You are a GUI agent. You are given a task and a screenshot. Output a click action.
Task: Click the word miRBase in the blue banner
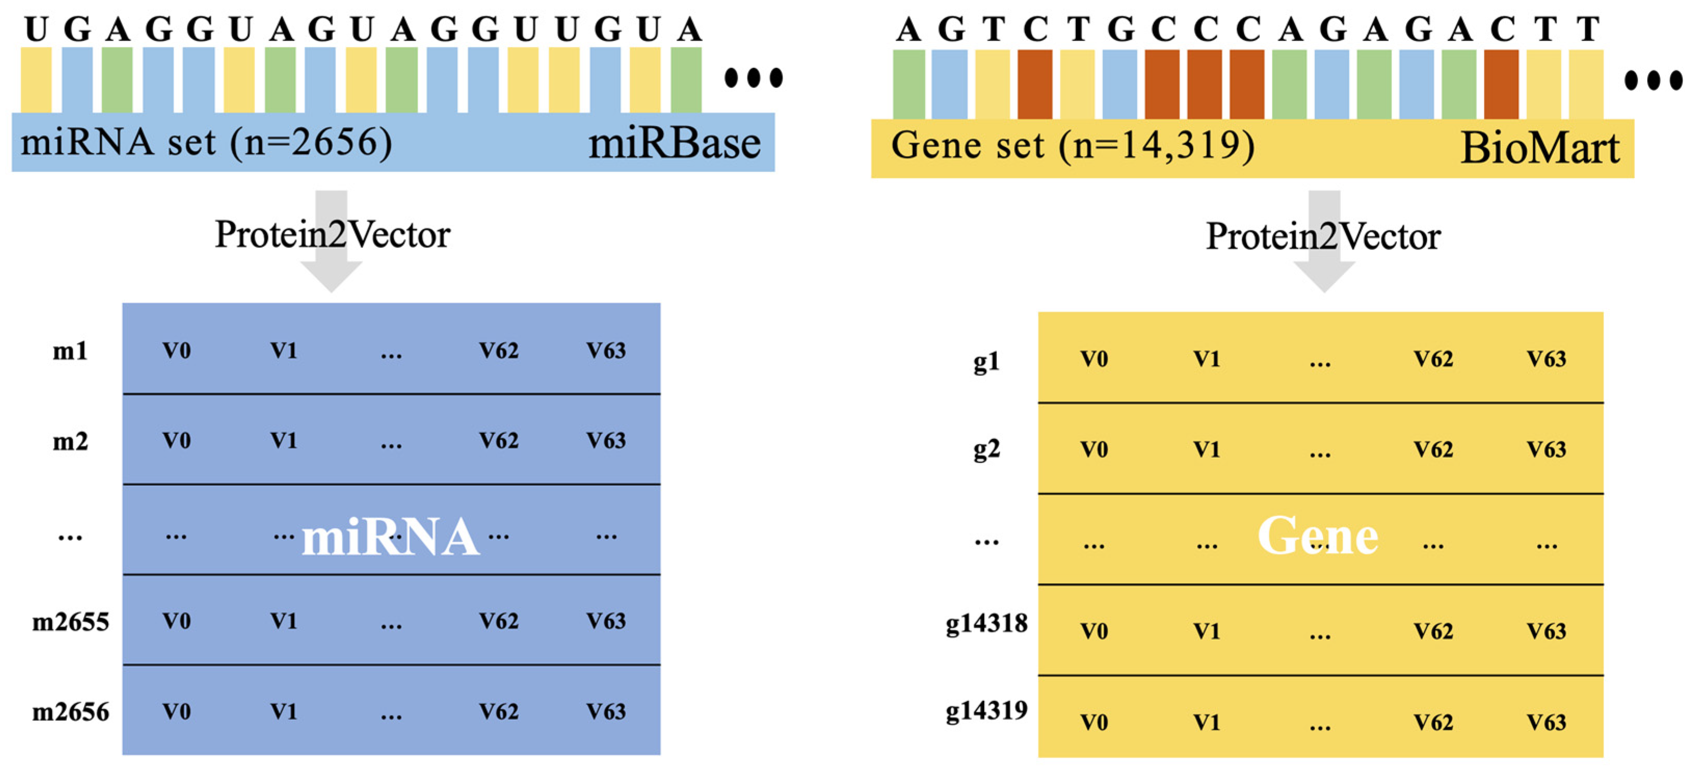pyautogui.click(x=674, y=144)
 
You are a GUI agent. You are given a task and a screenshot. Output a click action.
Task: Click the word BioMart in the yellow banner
pyautogui.click(x=1539, y=149)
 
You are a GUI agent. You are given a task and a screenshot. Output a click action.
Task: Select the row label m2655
pyautogui.click(x=70, y=621)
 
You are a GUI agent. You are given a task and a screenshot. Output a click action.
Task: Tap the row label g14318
pyautogui.click(x=986, y=623)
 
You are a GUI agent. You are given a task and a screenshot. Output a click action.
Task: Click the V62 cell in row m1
pyautogui.click(x=498, y=351)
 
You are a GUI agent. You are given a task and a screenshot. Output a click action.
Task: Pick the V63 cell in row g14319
pyautogui.click(x=1546, y=722)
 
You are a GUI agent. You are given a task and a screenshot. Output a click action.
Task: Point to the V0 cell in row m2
pyautogui.click(x=177, y=441)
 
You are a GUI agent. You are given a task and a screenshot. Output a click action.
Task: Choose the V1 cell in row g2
pyautogui.click(x=1206, y=450)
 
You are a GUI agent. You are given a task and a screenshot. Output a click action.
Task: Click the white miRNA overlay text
pyautogui.click(x=390, y=537)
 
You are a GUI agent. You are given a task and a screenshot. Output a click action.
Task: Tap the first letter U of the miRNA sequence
pyautogui.click(x=36, y=30)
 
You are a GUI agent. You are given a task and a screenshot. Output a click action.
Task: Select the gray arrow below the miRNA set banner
pyautogui.click(x=331, y=276)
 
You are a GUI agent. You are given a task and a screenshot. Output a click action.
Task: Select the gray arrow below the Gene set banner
pyautogui.click(x=1324, y=276)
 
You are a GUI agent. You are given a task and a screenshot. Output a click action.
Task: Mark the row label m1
pyautogui.click(x=70, y=351)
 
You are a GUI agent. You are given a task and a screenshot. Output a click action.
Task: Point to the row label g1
pyautogui.click(x=986, y=361)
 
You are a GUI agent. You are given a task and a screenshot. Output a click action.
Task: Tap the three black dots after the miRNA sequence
pyautogui.click(x=753, y=77)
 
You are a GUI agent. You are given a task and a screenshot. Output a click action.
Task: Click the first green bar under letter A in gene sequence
pyautogui.click(x=909, y=84)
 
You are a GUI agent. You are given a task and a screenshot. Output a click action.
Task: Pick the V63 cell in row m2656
pyautogui.click(x=605, y=712)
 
